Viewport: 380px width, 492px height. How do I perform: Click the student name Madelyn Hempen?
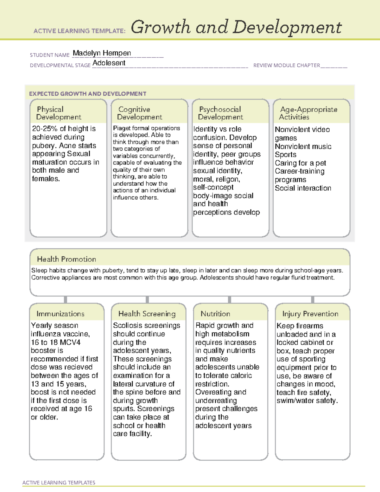coord(102,53)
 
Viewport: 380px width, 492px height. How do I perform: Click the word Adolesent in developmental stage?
coord(109,63)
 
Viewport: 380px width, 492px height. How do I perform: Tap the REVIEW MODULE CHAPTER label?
coord(287,65)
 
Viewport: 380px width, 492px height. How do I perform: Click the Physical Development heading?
coord(59,113)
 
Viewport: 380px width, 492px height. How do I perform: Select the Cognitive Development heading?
coord(139,113)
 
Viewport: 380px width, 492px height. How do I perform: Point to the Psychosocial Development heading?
coord(220,113)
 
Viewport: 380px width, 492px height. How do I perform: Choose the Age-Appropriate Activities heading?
coord(308,113)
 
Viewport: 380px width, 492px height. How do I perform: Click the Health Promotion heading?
coord(66,259)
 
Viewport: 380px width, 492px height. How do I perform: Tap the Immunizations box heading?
coord(60,314)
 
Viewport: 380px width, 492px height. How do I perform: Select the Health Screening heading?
coord(147,314)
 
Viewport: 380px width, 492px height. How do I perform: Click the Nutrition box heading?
coord(215,314)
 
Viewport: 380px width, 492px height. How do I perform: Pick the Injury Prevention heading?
coord(310,314)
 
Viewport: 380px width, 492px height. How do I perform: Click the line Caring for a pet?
coord(300,163)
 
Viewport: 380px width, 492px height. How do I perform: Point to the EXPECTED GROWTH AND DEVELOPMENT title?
coord(88,94)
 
